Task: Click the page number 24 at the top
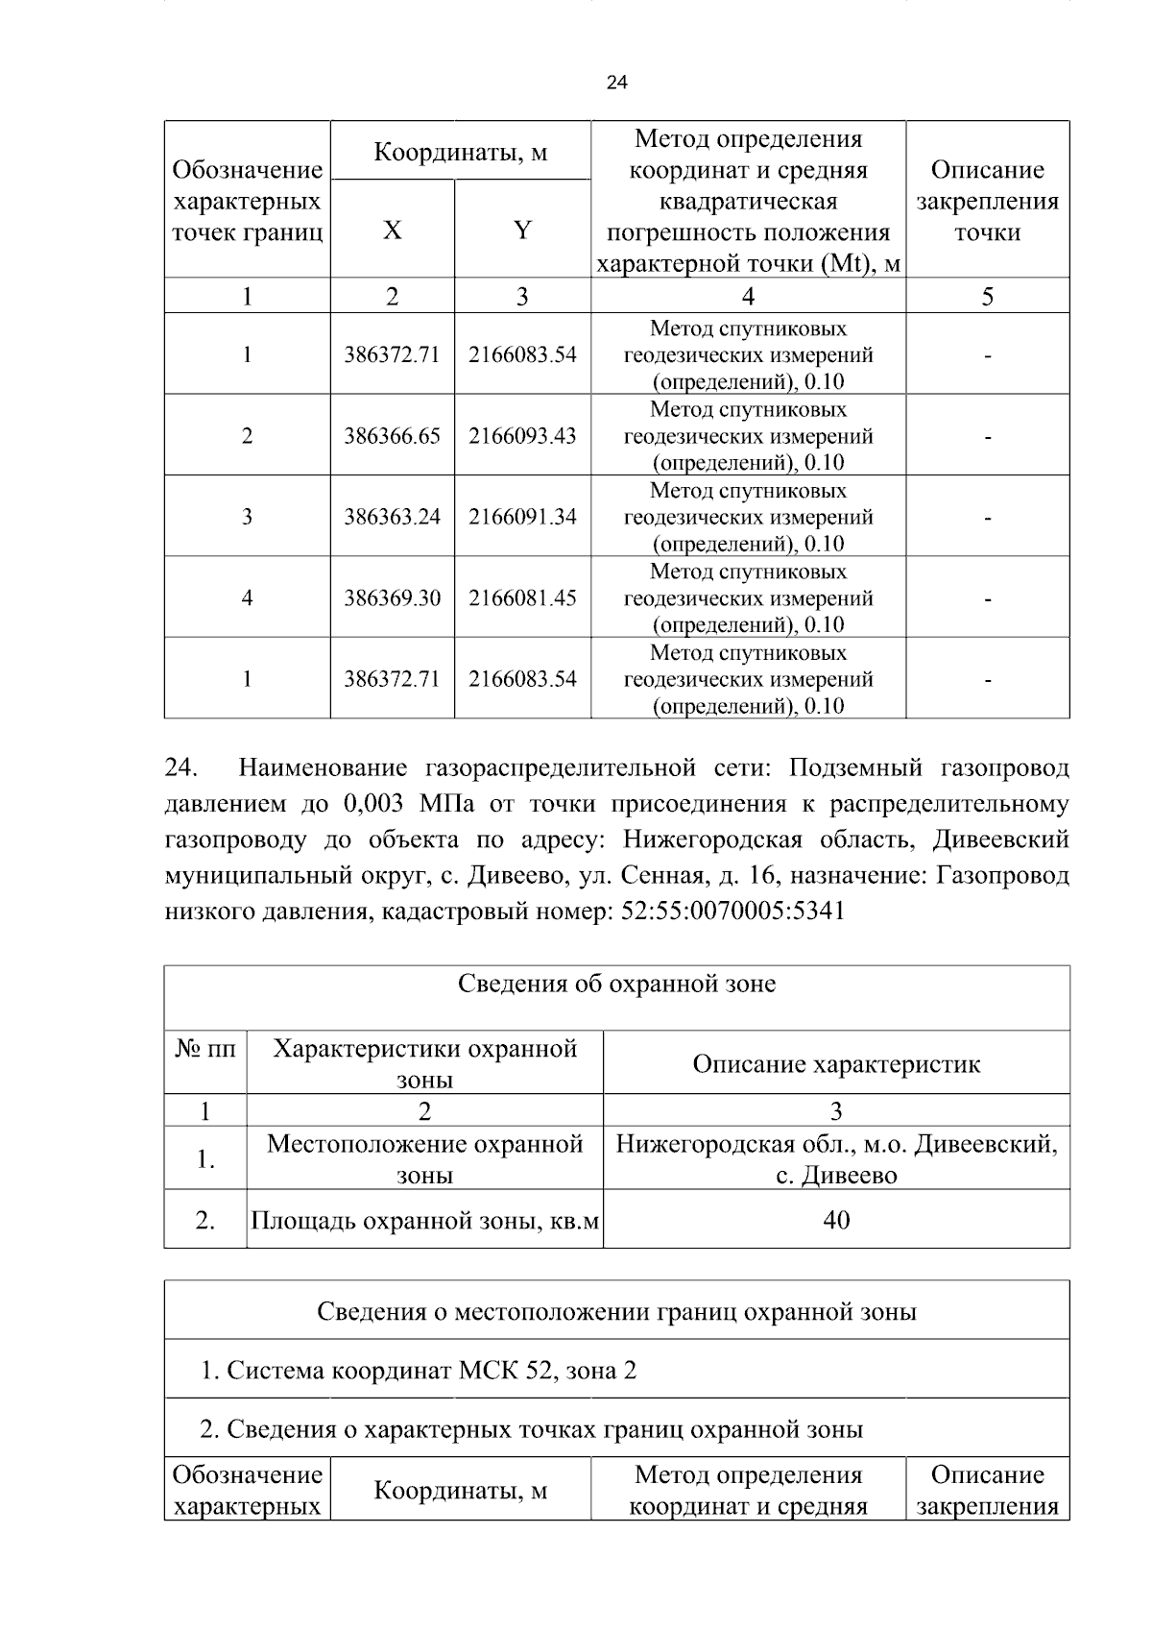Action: point(617,83)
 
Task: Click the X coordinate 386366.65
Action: point(392,436)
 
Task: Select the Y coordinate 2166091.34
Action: point(522,517)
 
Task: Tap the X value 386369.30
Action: point(392,598)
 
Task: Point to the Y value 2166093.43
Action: point(522,436)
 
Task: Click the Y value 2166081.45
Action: point(522,598)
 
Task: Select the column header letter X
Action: point(392,231)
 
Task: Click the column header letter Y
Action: point(522,231)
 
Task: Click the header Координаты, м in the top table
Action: point(460,152)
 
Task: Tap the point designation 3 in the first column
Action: point(247,517)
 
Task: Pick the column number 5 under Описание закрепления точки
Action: point(987,297)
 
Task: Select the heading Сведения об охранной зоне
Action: point(616,985)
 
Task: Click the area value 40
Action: point(836,1221)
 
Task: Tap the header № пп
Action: point(204,1048)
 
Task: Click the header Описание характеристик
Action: point(836,1064)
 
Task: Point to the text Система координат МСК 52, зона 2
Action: point(419,1370)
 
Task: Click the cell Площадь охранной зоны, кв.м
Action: point(424,1221)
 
